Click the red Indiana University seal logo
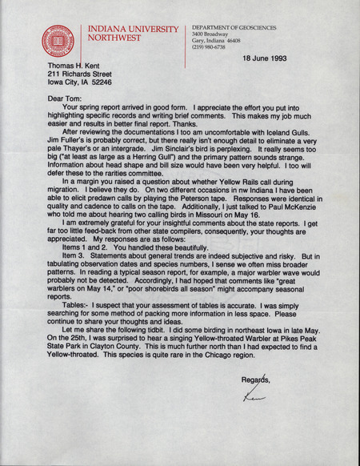(58, 41)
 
